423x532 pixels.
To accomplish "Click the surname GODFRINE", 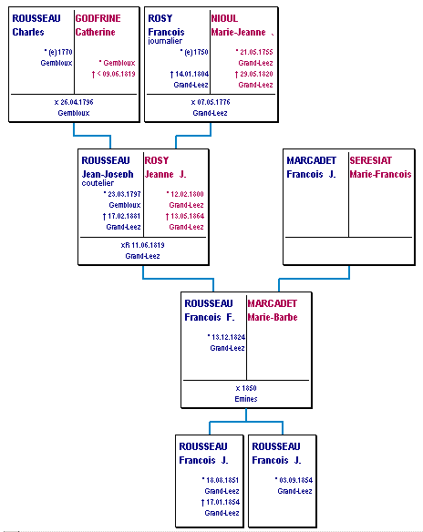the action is pos(98,18).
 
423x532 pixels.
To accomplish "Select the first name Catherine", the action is pos(96,32).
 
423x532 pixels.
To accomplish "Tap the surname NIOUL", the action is pos(224,18).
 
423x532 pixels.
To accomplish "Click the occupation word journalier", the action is pos(165,41).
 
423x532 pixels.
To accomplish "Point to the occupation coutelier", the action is pos(98,183).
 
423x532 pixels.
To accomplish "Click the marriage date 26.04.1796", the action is pos(74,102).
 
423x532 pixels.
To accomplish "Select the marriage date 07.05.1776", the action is pos(211,102).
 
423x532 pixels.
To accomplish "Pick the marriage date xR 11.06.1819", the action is pos(142,245).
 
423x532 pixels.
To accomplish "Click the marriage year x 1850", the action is pos(246,388).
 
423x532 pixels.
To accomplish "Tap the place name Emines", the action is pos(246,399).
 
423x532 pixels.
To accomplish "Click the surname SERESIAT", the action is pos(371,160).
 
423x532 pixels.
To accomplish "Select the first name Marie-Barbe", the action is pos(273,318).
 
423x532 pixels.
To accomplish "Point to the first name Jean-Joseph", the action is pos(108,174).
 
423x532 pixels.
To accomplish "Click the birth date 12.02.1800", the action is pos(187,194).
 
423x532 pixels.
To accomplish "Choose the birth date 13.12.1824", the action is pos(228,337).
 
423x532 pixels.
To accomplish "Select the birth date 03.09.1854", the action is pos(295,480).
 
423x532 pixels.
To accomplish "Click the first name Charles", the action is pos(28,32).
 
